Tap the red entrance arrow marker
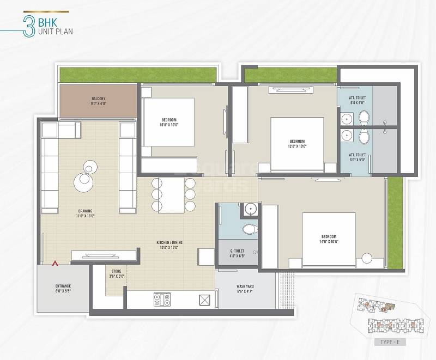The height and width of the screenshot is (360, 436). tap(55, 264)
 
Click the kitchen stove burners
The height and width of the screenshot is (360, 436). tap(162, 299)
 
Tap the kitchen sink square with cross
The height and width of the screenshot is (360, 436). tap(205, 300)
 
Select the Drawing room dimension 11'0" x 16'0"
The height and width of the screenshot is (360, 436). tap(86, 216)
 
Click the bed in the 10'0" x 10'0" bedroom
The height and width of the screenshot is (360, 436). tap(169, 122)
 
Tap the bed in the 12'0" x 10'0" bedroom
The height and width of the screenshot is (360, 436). tap(297, 144)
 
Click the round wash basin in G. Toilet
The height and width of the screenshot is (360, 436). tap(250, 209)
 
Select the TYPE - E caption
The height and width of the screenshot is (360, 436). tap(387, 342)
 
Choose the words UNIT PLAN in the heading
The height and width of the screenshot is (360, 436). tap(55, 32)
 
